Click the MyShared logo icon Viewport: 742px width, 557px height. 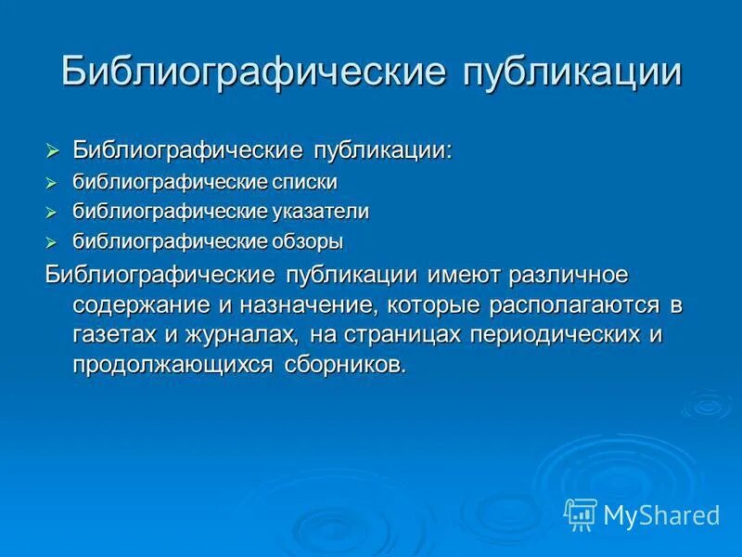coord(581,512)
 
